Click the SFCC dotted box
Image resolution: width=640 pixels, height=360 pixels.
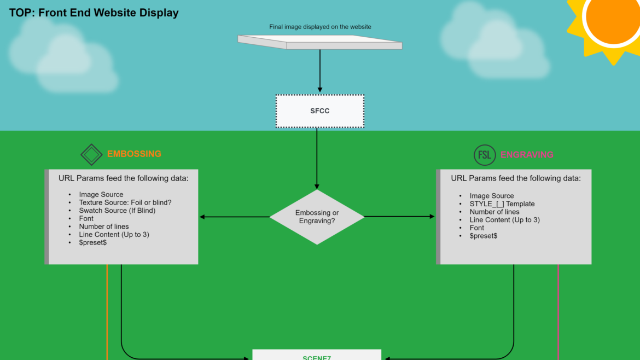320,111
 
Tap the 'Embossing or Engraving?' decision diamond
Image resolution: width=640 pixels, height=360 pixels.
317,217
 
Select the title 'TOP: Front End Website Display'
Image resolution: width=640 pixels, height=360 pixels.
94,13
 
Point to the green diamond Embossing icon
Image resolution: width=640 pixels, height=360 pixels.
91,155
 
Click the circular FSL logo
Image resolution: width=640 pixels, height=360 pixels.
485,155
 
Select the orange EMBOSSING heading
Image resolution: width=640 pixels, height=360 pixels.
134,154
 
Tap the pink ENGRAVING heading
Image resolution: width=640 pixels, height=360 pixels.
527,155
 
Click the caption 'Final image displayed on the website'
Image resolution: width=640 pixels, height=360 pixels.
320,27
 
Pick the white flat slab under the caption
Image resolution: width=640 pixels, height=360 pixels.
320,42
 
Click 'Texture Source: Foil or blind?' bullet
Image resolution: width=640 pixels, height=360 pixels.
125,202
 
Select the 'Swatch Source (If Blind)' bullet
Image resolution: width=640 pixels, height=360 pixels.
117,211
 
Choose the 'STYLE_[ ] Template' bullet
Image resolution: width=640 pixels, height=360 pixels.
502,204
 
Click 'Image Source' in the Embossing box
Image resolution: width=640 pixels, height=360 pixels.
101,194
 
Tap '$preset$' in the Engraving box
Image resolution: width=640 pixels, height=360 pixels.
484,236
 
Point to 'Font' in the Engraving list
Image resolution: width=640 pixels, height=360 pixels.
477,228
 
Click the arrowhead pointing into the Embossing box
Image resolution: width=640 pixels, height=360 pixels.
202,217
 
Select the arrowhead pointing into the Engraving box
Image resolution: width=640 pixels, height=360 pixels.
432,217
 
